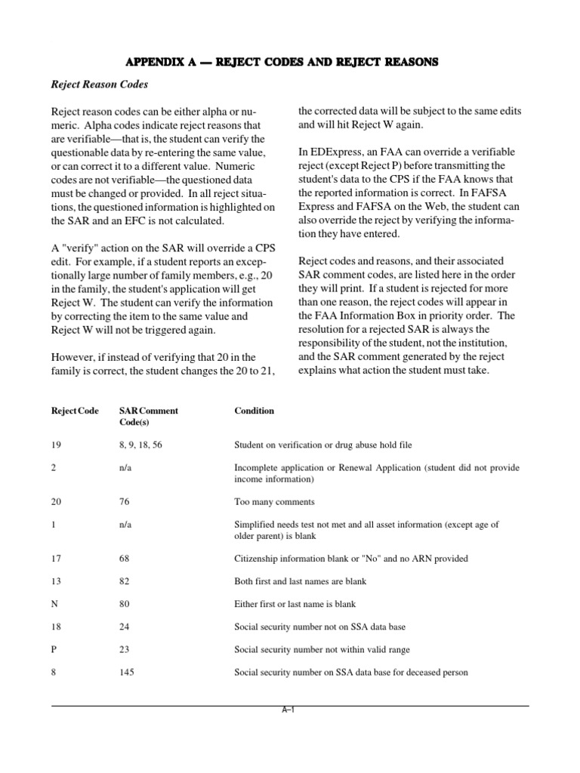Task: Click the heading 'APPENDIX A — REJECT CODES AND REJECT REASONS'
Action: pyautogui.click(x=289, y=62)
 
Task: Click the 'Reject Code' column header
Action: pyautogui.click(x=75, y=411)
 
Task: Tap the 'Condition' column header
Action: pyautogui.click(x=255, y=411)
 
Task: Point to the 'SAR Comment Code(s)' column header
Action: pyautogui.click(x=149, y=417)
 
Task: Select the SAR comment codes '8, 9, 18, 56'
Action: pyautogui.click(x=141, y=445)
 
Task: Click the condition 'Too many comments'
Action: pyautogui.click(x=274, y=501)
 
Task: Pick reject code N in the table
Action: pyautogui.click(x=54, y=604)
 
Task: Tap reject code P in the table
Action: pyautogui.click(x=54, y=649)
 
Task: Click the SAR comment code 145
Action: pyautogui.click(x=128, y=672)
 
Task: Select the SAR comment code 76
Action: pyautogui.click(x=125, y=501)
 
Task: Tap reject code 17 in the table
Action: pyautogui.click(x=57, y=559)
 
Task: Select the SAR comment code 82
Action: pyautogui.click(x=125, y=581)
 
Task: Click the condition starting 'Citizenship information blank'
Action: pyautogui.click(x=351, y=559)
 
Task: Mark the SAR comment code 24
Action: pyautogui.click(x=125, y=627)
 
